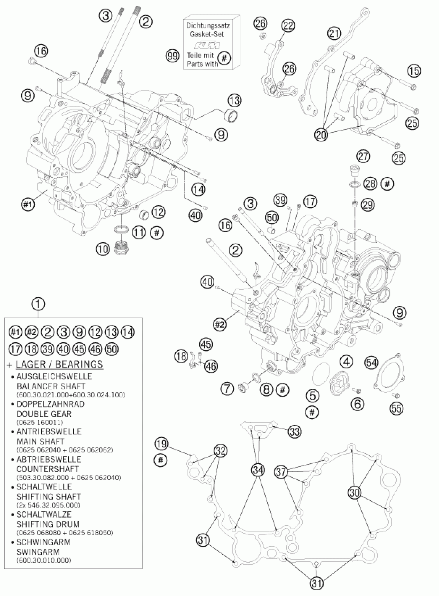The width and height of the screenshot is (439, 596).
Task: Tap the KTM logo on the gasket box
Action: [207, 45]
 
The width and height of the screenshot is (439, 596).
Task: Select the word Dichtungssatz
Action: [208, 26]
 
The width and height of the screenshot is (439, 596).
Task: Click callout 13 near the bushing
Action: [234, 101]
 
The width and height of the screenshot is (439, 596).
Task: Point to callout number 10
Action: [103, 249]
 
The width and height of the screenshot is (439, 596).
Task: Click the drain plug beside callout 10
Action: [121, 247]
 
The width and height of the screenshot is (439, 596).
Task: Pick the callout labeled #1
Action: [28, 204]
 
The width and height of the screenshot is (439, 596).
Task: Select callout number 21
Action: [334, 34]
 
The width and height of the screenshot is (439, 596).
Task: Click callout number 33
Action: [295, 431]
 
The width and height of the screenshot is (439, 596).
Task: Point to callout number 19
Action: [162, 443]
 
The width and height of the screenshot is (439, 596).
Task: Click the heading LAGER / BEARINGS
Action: [59, 364]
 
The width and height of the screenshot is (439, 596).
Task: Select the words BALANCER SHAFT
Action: [51, 386]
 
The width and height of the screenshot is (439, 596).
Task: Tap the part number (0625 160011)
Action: [40, 422]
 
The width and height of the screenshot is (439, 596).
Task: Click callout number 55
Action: [396, 409]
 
